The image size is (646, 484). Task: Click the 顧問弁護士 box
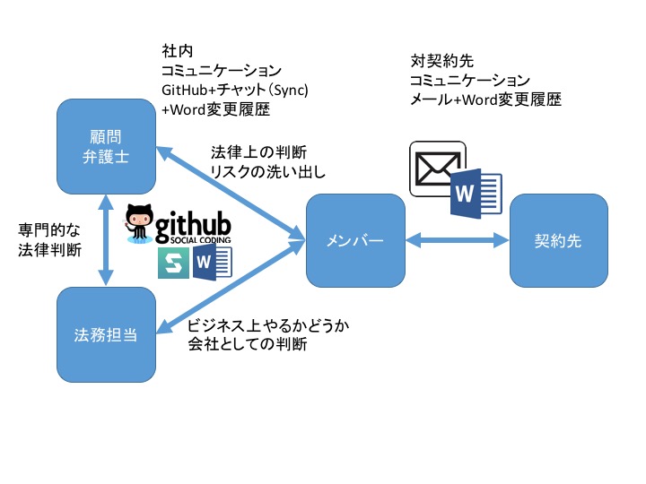106,146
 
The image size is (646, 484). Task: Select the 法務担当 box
106,334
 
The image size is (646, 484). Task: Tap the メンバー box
355,241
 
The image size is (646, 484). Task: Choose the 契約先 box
559,241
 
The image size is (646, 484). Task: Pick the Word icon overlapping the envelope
476,194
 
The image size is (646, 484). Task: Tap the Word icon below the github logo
213,262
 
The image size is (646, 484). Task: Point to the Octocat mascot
138,223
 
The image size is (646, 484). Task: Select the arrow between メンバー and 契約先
458,240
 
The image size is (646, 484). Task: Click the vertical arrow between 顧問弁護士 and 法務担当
106,241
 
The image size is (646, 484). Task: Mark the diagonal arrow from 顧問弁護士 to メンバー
231,194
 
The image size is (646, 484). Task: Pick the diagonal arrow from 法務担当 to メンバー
231,287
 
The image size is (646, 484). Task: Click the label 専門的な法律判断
49,240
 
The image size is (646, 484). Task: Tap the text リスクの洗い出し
268,171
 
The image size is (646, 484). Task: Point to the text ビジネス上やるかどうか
268,325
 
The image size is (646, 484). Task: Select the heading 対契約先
442,61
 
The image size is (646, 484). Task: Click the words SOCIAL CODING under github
201,240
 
